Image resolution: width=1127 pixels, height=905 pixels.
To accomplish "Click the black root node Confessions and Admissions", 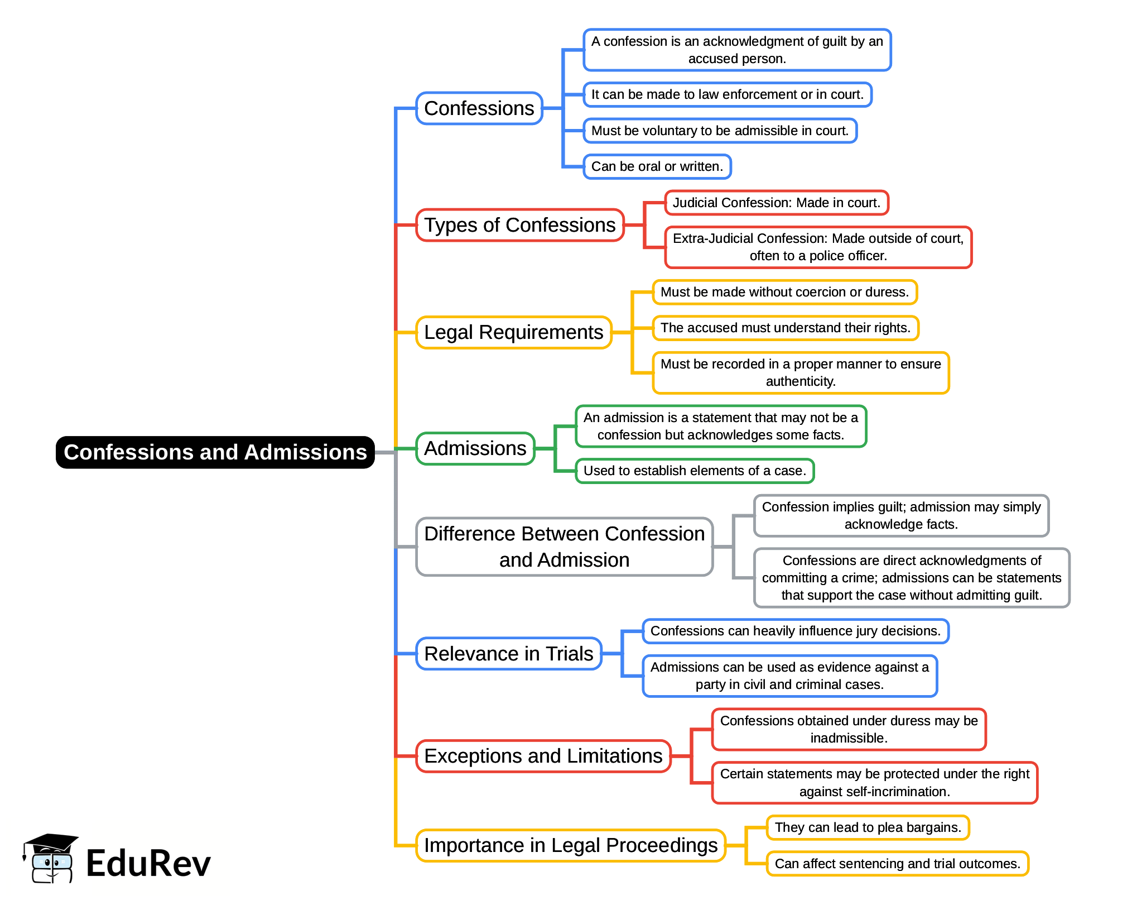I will [x=215, y=452].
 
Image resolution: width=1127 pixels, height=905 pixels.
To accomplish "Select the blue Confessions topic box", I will [x=479, y=108].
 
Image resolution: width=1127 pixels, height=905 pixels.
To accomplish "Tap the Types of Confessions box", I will [x=519, y=225].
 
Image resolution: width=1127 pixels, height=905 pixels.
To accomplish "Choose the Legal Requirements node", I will [x=513, y=332].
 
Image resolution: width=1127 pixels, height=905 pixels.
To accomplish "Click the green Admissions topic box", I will [x=475, y=448].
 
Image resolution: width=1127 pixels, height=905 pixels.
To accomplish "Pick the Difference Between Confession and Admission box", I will [x=564, y=547].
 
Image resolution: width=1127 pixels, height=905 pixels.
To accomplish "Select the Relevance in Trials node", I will [x=508, y=653].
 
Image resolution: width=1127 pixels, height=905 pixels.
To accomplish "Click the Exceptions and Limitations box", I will [x=543, y=756].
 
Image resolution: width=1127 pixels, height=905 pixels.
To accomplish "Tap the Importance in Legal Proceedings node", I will [x=570, y=845].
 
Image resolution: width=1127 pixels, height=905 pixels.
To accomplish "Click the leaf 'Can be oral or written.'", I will [x=657, y=166].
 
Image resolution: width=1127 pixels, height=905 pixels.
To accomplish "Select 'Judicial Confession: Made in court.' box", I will [x=776, y=203].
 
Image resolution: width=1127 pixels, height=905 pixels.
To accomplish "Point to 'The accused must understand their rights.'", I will [x=785, y=328].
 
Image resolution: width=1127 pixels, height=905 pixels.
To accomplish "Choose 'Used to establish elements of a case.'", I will [x=695, y=471].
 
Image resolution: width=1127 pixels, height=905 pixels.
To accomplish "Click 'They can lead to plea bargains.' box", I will [x=868, y=827].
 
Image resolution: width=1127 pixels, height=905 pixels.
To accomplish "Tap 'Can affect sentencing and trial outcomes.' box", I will [x=897, y=864].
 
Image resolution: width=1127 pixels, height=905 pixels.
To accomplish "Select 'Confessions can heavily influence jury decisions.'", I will [x=795, y=631].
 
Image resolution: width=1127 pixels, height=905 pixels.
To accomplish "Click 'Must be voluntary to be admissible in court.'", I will [x=720, y=131].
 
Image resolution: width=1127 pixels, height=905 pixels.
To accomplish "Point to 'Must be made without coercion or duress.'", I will [x=784, y=292].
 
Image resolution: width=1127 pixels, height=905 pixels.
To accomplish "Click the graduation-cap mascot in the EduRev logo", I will [x=50, y=859].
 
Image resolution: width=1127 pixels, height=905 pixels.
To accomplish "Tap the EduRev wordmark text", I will [x=148, y=863].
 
